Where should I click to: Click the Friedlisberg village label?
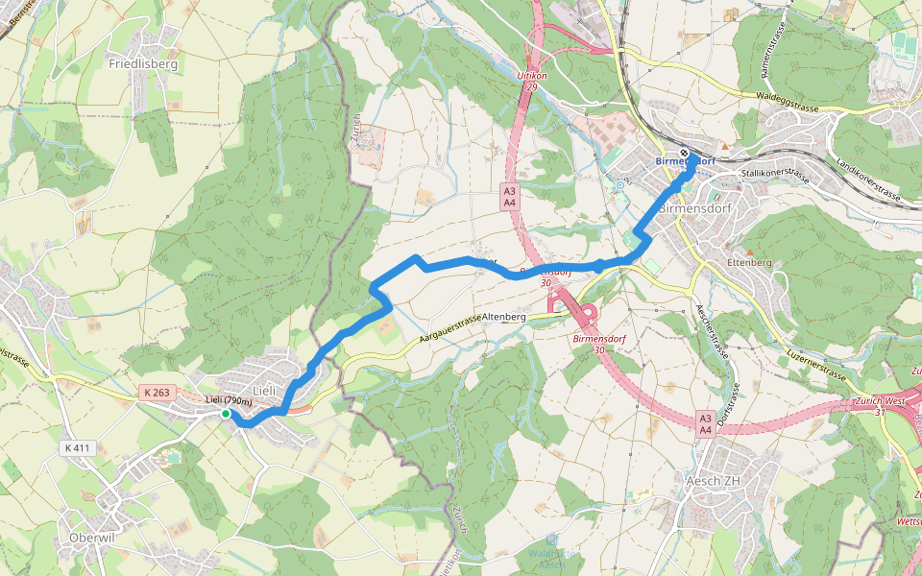click(143, 63)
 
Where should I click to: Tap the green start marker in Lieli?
click(225, 414)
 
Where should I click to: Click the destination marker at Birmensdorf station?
click(684, 154)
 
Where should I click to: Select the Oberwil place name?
click(92, 538)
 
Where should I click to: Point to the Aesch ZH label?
click(713, 480)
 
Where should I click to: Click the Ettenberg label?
click(750, 262)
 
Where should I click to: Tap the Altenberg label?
click(504, 316)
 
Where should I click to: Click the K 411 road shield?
click(79, 448)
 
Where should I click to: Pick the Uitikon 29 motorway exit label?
click(531, 80)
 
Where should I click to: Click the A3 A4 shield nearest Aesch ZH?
click(705, 424)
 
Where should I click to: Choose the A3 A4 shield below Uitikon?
click(510, 197)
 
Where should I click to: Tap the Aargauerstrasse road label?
click(450, 329)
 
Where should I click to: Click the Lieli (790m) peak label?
click(229, 400)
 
